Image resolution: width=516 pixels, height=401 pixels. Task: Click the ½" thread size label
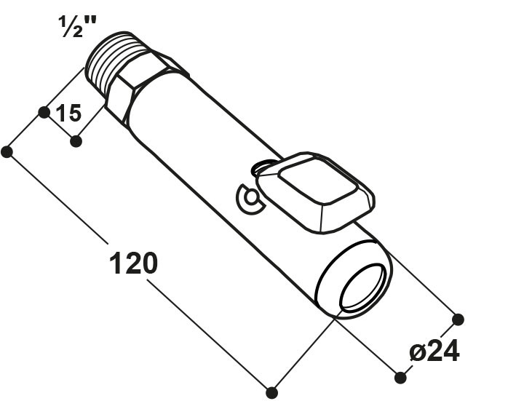(77, 26)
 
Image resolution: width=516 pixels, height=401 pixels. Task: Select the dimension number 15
(68, 113)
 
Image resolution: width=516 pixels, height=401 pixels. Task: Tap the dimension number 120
(133, 263)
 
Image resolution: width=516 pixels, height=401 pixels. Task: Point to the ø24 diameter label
(434, 351)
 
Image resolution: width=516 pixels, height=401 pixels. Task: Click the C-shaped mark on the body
(248, 198)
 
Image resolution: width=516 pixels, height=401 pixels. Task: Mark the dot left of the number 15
(44, 112)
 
